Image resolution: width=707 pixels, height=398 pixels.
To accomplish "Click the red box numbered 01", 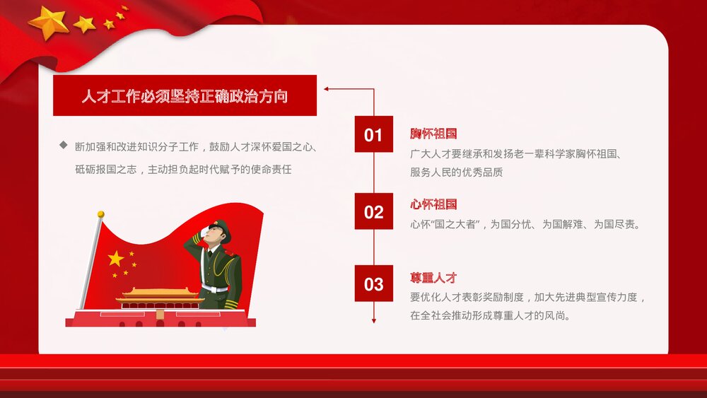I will [x=373, y=134].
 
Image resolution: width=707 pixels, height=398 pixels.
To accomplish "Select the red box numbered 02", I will [x=373, y=211].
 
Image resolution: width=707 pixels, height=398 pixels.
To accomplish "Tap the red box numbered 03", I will [x=373, y=284].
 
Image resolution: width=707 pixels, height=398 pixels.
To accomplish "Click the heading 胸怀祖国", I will [x=433, y=134].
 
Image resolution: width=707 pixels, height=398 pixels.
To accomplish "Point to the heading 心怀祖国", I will [x=433, y=204].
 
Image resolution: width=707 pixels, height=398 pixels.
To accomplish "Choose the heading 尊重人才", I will [x=433, y=278].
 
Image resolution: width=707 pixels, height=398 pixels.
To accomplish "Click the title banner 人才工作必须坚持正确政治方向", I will [x=185, y=96].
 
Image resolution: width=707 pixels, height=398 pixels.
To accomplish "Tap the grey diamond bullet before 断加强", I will [x=63, y=146].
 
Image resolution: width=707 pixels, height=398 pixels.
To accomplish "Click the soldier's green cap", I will [x=222, y=228].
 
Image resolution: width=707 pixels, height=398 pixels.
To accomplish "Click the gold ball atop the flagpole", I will [x=100, y=213].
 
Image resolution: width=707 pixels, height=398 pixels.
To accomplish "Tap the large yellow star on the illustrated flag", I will [x=115, y=258].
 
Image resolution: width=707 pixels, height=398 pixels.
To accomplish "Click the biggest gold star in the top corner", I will [x=48, y=22].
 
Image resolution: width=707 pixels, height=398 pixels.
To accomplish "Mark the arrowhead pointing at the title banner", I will [x=327, y=89].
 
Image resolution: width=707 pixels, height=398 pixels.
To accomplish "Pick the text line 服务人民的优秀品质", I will [x=456, y=172].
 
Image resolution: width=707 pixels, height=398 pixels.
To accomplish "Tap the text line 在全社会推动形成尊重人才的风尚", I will [x=490, y=316].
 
